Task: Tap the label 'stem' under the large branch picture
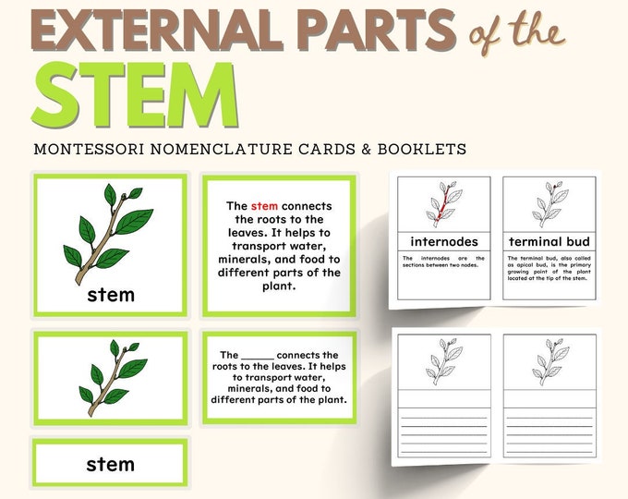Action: click(x=111, y=295)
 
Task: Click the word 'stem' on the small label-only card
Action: click(x=110, y=464)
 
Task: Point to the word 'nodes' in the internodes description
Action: click(x=471, y=267)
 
